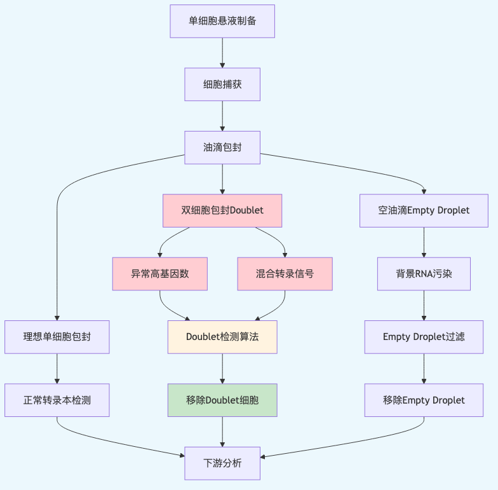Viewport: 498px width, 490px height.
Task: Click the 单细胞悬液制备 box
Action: pyautogui.click(x=222, y=21)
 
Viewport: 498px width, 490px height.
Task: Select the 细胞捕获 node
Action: pyautogui.click(x=222, y=84)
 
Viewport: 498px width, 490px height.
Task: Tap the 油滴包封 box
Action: pyautogui.click(x=222, y=147)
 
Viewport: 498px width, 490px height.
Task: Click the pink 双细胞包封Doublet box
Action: pyautogui.click(x=222, y=210)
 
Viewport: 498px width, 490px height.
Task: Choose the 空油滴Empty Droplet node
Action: pyautogui.click(x=424, y=210)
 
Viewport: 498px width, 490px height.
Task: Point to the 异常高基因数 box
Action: pyautogui.click(x=160, y=274)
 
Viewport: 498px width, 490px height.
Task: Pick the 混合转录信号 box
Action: pyautogui.click(x=285, y=274)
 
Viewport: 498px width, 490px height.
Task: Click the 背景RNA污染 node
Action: pyautogui.click(x=424, y=274)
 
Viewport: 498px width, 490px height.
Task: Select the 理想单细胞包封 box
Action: pyautogui.click(x=57, y=337)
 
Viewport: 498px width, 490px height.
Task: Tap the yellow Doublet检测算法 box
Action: pyautogui.click(x=222, y=337)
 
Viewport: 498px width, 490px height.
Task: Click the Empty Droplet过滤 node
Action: pyautogui.click(x=424, y=337)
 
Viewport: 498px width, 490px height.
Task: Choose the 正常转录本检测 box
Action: pyautogui.click(x=57, y=400)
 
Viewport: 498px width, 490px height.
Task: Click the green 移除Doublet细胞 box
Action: pyautogui.click(x=222, y=400)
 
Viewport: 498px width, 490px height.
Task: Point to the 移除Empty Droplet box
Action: pyautogui.click(x=424, y=400)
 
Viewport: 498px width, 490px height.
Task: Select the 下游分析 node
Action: pyautogui.click(x=222, y=463)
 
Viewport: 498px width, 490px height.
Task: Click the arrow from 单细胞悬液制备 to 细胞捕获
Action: pyautogui.click(x=222, y=52)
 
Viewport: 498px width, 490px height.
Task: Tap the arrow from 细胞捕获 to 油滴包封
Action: pyautogui.click(x=222, y=115)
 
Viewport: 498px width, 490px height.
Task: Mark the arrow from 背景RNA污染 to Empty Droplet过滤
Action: pyautogui.click(x=424, y=305)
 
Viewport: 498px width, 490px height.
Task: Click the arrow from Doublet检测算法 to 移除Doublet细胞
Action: pyautogui.click(x=222, y=368)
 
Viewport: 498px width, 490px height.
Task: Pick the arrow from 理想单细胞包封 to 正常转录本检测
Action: pyautogui.click(x=57, y=368)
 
